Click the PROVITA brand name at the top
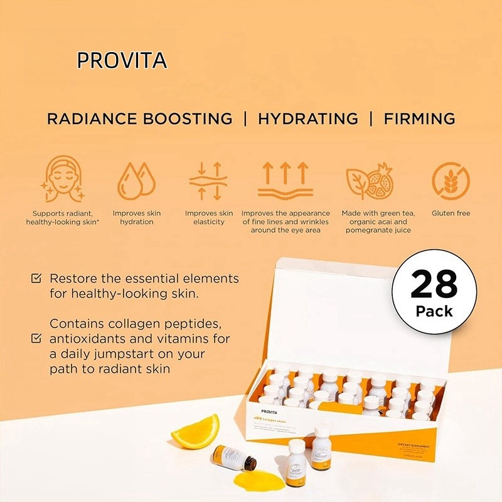point(122,60)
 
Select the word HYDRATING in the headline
point(308,119)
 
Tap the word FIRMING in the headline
point(419,119)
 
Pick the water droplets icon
point(136,180)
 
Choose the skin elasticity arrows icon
point(208,181)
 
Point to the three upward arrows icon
point(286,180)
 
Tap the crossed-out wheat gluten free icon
point(451,181)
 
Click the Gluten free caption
point(451,213)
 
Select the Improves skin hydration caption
point(136,218)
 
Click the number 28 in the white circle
point(434,286)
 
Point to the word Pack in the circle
point(434,311)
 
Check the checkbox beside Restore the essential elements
point(37,278)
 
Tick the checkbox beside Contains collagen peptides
point(37,339)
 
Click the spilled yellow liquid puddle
point(258,480)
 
